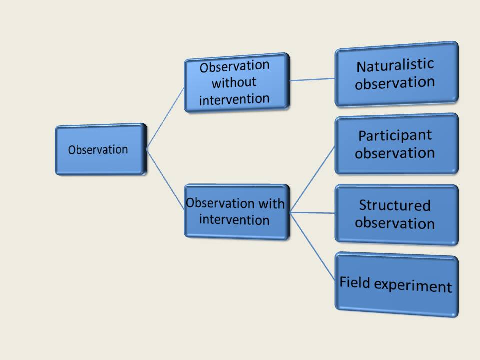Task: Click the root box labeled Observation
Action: (100, 150)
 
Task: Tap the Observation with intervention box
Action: (236, 212)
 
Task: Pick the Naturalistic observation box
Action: (396, 74)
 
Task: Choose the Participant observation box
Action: (396, 144)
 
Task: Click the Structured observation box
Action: (396, 214)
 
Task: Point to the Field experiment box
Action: (396, 285)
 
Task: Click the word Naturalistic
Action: (395, 65)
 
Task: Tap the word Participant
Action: (395, 135)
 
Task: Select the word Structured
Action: (394, 205)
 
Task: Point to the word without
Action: (234, 82)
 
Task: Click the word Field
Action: (355, 282)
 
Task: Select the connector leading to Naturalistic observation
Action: (312, 79)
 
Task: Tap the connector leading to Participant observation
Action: (313, 178)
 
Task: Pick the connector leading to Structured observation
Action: (313, 212)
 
